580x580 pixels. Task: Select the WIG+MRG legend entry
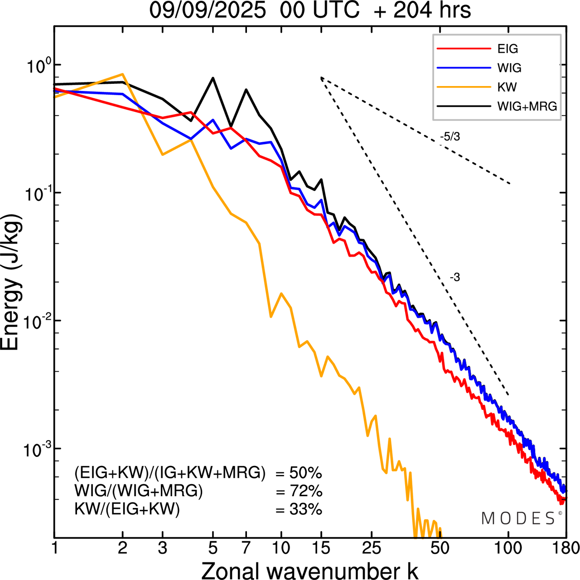click(527, 106)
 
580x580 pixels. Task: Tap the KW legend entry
click(507, 87)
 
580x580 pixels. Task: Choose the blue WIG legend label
click(509, 68)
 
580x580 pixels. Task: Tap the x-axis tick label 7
click(246, 548)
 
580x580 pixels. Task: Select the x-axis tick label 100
click(508, 548)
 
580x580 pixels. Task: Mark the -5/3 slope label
click(450, 137)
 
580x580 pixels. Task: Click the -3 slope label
click(455, 278)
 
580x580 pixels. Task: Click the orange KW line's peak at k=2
click(122, 74)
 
